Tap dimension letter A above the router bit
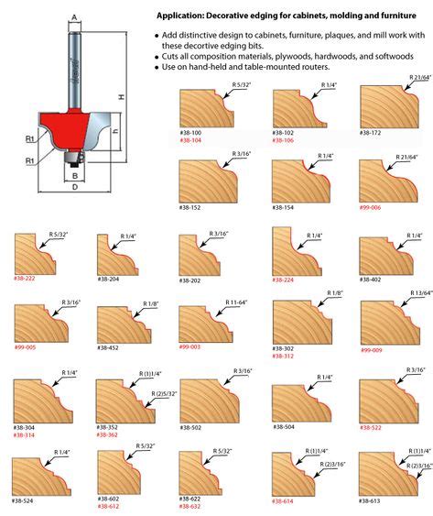[x=73, y=16]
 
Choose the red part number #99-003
[x=191, y=348]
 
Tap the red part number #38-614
[x=284, y=501]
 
